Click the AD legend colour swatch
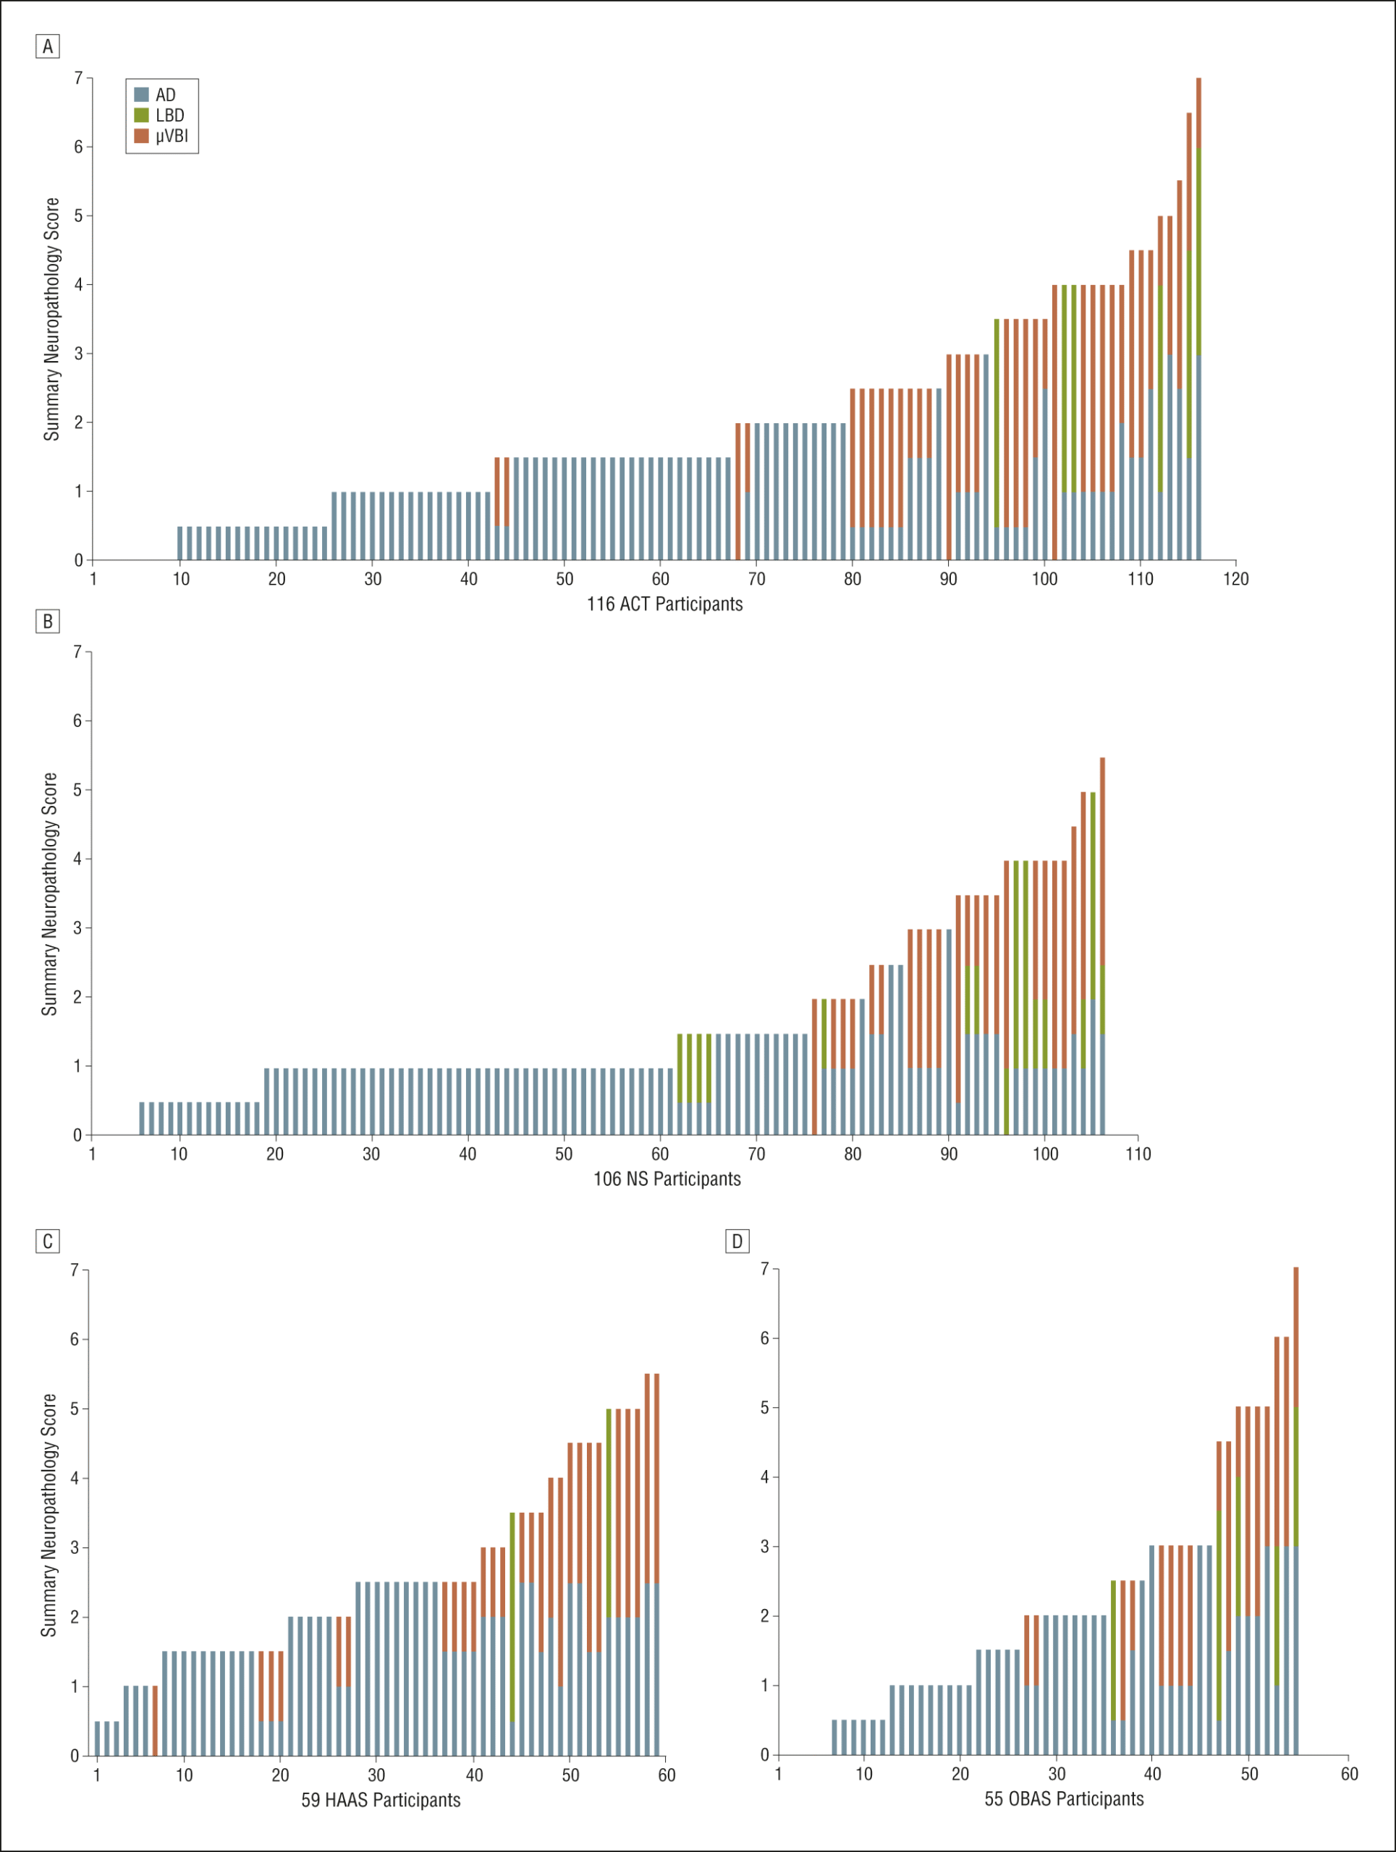142,95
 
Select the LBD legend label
169,116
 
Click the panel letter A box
48,46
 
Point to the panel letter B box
48,621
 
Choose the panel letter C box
48,1241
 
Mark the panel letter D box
737,1241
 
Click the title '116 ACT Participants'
664,603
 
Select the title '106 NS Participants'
667,1179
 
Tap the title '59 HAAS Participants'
381,1800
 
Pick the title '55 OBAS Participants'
1064,1798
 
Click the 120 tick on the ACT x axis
1235,579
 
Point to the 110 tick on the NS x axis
1138,1154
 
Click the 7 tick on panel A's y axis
79,78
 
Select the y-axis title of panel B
49,894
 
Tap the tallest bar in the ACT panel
1198,318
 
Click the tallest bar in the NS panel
1102,946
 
